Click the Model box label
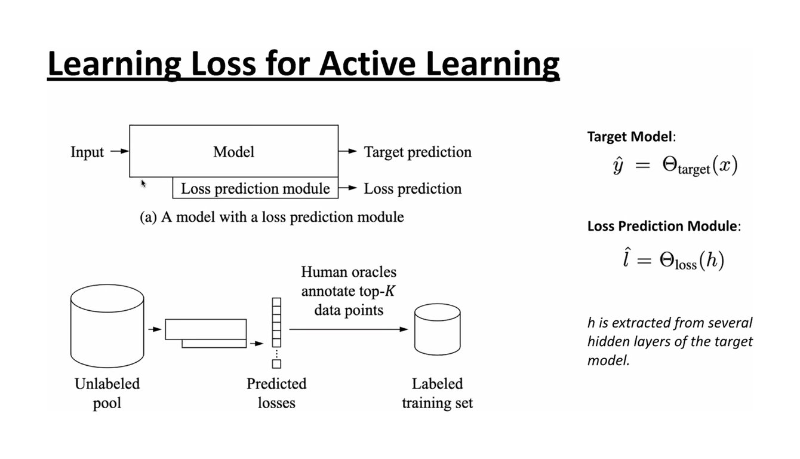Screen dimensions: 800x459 (233, 152)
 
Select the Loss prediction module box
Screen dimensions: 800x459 (256, 188)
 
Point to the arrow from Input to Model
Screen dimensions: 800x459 (119, 151)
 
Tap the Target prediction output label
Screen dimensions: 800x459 (417, 152)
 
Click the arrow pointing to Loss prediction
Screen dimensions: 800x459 (347, 188)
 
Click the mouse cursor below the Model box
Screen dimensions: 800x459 (143, 183)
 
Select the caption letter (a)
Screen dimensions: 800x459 (148, 217)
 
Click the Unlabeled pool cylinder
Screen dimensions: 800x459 (107, 326)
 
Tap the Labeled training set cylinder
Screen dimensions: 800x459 (438, 329)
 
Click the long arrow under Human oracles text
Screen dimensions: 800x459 (349, 329)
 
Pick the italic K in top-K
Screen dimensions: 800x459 (389, 291)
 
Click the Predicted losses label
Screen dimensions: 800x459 (276, 393)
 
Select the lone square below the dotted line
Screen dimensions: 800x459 (276, 364)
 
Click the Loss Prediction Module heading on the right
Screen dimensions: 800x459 (664, 227)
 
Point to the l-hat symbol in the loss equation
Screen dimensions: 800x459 (626, 258)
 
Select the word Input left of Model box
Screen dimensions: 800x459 (87, 152)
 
